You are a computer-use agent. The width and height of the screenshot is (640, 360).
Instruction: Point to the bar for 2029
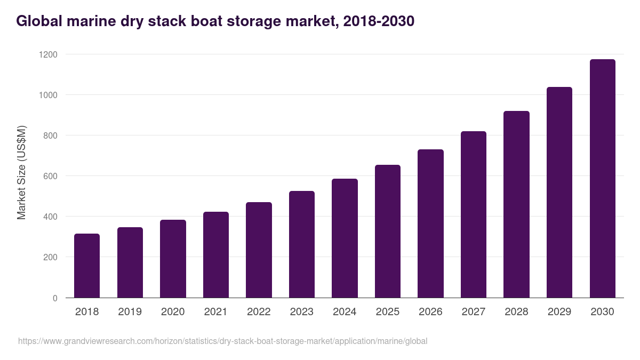[559, 193]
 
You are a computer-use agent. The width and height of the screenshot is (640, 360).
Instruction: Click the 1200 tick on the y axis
[48, 54]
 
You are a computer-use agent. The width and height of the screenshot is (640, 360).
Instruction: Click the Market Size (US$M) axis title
[21, 172]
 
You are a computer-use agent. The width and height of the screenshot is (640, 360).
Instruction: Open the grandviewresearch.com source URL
[223, 341]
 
